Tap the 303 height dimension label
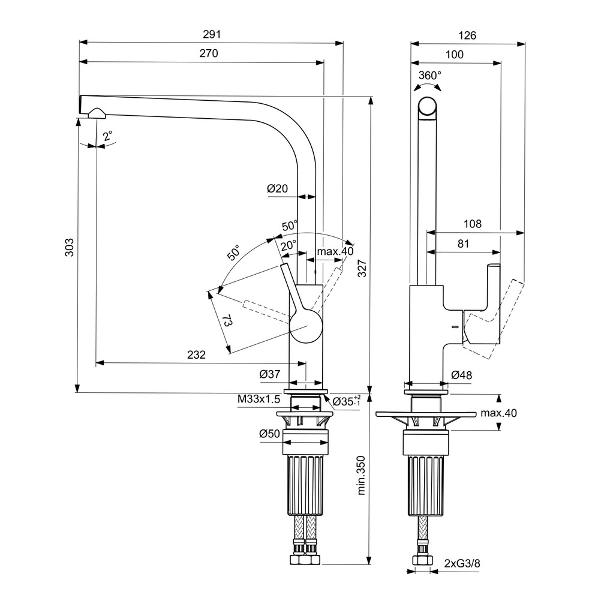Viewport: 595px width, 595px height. pos(69,248)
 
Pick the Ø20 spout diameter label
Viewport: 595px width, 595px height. pos(278,188)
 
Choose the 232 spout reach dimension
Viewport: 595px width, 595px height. pos(196,354)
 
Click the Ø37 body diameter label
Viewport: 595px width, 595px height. pos(270,374)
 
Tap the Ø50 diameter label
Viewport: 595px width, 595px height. pos(270,434)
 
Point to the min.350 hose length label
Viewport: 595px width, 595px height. pos(361,474)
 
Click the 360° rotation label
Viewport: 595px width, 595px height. pos(429,75)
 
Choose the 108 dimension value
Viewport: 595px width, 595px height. pos(473,224)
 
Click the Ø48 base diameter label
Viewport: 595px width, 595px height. pos(461,375)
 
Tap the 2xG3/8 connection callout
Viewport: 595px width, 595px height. pos(462,563)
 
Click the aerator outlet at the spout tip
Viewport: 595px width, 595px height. pos(95,113)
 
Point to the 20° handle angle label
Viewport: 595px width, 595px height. pos(289,245)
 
